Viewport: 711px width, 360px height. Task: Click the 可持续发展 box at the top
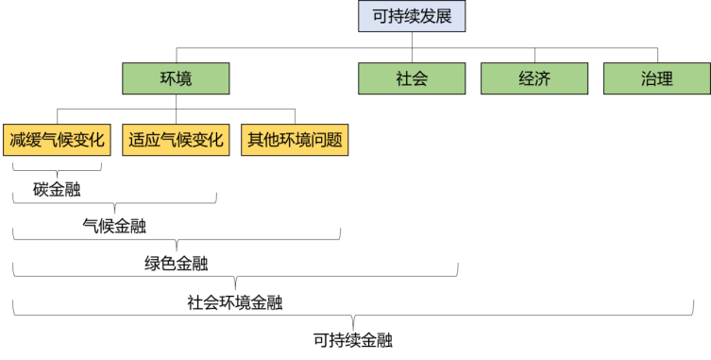tap(412, 16)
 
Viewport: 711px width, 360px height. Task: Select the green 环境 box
tap(177, 78)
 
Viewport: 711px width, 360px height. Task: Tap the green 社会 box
tap(412, 78)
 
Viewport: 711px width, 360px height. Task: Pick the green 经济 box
tap(534, 78)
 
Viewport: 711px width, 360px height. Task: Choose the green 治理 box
tap(657, 78)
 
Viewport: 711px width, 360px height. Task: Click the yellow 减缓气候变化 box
tap(58, 140)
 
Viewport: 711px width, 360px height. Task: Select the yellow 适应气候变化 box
tap(177, 140)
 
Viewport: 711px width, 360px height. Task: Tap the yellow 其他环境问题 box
tap(295, 140)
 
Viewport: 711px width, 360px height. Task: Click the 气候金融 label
tap(114, 225)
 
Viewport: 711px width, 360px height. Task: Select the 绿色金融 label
tap(177, 262)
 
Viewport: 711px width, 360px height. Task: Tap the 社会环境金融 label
tap(236, 302)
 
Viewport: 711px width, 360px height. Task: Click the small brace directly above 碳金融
tap(57, 170)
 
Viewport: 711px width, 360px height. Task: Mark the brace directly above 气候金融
tap(114, 203)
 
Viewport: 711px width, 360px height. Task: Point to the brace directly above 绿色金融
tap(177, 240)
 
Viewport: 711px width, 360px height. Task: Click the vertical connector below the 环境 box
tap(177, 102)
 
